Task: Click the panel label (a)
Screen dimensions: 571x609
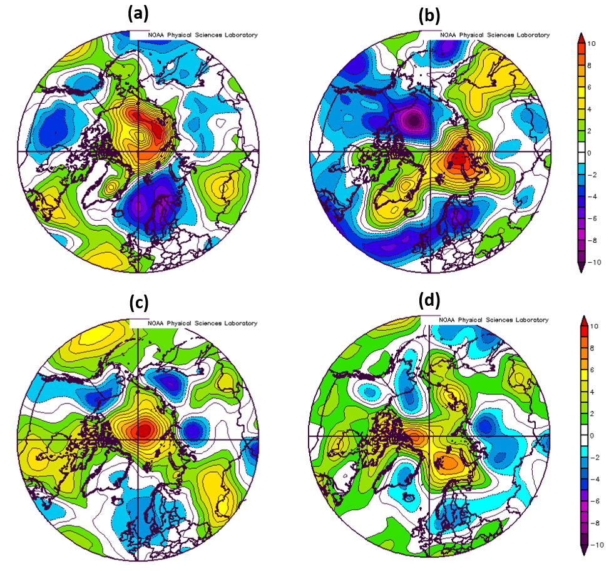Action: pos(138,12)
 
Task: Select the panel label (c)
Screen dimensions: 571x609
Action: pos(138,303)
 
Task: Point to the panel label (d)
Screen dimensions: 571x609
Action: pos(429,301)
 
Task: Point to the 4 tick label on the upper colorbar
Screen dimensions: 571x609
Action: pos(595,109)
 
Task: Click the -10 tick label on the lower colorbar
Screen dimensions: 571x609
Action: pos(596,550)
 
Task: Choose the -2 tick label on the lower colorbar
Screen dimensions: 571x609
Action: pos(596,458)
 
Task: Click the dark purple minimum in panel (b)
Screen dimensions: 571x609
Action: pos(414,118)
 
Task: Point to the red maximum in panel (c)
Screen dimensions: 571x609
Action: pos(143,430)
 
